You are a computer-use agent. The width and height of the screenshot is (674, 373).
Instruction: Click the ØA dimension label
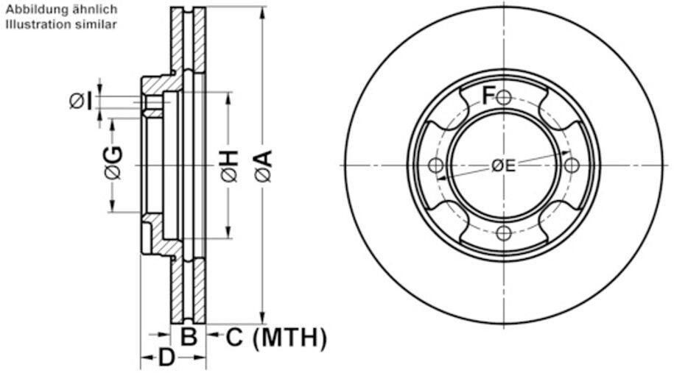(x=264, y=166)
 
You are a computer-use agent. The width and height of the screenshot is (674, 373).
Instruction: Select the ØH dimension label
(x=229, y=166)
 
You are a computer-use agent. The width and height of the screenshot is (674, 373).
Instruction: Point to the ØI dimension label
(x=80, y=100)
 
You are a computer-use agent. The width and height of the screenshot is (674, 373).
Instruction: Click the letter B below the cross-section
(x=189, y=338)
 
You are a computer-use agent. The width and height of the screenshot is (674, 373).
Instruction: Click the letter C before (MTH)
(x=234, y=338)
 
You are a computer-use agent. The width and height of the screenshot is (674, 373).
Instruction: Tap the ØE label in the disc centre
(x=504, y=166)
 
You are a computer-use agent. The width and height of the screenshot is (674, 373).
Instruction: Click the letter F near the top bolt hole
(x=488, y=93)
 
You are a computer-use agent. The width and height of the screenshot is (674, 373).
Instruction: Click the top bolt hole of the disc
(x=504, y=97)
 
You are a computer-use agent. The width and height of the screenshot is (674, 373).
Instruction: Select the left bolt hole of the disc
(x=435, y=166)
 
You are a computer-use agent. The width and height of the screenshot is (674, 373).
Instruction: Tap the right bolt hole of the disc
(x=572, y=166)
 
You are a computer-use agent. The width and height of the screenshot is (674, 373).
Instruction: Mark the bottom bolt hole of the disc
(x=504, y=234)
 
